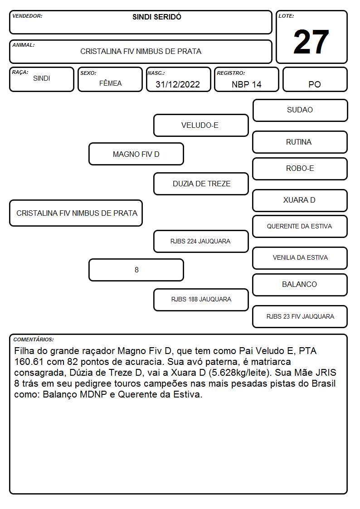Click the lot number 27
[x=311, y=42]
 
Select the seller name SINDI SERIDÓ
[x=157, y=17]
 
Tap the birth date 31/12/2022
[x=178, y=84]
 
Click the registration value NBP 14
[x=246, y=84]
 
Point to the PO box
[x=315, y=79]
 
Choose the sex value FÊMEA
[x=110, y=83]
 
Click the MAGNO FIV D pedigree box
[x=136, y=154]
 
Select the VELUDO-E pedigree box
[x=201, y=125]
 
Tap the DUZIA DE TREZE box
[x=201, y=184]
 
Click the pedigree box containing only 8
[x=136, y=270]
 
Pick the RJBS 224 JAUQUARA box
[x=201, y=241]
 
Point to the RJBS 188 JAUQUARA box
[x=201, y=300]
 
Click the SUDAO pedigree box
[x=300, y=111]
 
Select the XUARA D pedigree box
[x=300, y=200]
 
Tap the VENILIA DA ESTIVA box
[x=300, y=258]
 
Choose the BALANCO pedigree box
[x=300, y=285]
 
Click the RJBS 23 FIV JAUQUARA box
[x=300, y=316]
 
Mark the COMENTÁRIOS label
[x=34, y=339]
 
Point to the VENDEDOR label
[x=27, y=16]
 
